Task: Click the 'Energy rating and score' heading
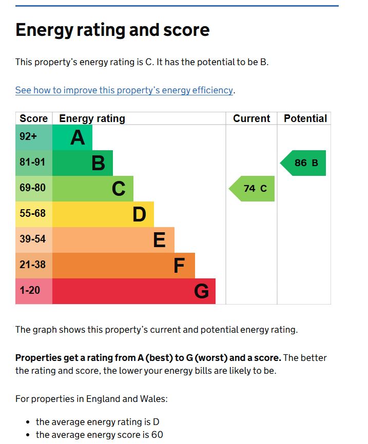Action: (x=112, y=30)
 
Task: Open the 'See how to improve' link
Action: (x=124, y=90)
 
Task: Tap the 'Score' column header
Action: (x=33, y=118)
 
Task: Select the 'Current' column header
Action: (x=251, y=118)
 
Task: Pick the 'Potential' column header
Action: (x=305, y=118)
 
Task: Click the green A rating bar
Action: (x=72, y=137)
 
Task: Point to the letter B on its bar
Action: (x=98, y=164)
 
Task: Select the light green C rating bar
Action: (x=92, y=189)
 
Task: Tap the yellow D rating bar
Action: (x=103, y=214)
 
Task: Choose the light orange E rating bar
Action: (x=113, y=240)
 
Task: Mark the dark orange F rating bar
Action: (x=123, y=266)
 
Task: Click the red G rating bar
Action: (x=133, y=291)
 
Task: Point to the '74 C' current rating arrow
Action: (x=253, y=189)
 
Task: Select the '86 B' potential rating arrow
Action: (x=304, y=163)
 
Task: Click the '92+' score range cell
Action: (x=29, y=137)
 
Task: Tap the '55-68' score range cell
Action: (x=33, y=213)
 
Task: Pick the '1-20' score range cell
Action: (x=30, y=290)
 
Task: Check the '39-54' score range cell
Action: (x=33, y=239)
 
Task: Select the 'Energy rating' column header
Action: (x=92, y=118)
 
